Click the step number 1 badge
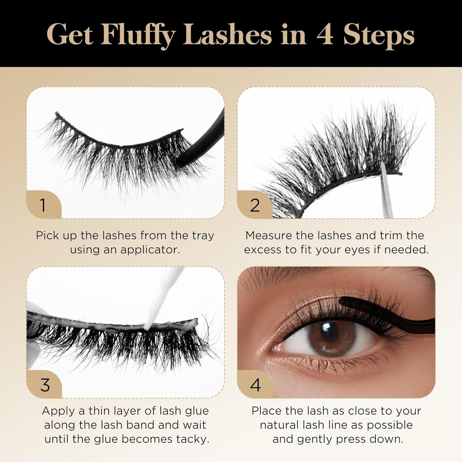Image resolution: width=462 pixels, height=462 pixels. [x=43, y=205]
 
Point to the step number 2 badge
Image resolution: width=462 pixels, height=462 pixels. [x=254, y=205]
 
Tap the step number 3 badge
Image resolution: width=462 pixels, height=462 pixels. [x=45, y=385]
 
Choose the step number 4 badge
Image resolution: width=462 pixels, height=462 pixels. [x=255, y=385]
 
